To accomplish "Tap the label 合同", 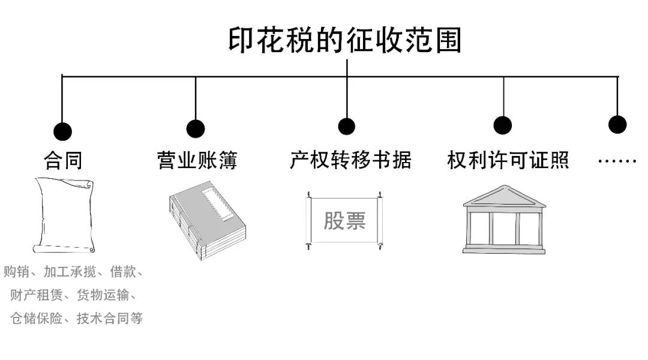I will [63, 160].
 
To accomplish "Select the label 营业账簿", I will [197, 160].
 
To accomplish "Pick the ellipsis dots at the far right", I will [617, 161].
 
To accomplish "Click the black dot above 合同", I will [62, 131].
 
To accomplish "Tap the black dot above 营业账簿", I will [196, 128].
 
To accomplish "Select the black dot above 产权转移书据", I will [346, 126].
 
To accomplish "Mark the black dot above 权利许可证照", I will [503, 125].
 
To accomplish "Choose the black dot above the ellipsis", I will [617, 124].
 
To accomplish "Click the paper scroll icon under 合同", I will [64, 215].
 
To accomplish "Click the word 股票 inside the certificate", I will [344, 220].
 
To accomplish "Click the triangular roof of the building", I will [503, 196].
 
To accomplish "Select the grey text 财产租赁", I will [35, 295].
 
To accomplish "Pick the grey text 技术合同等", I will [109, 318].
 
